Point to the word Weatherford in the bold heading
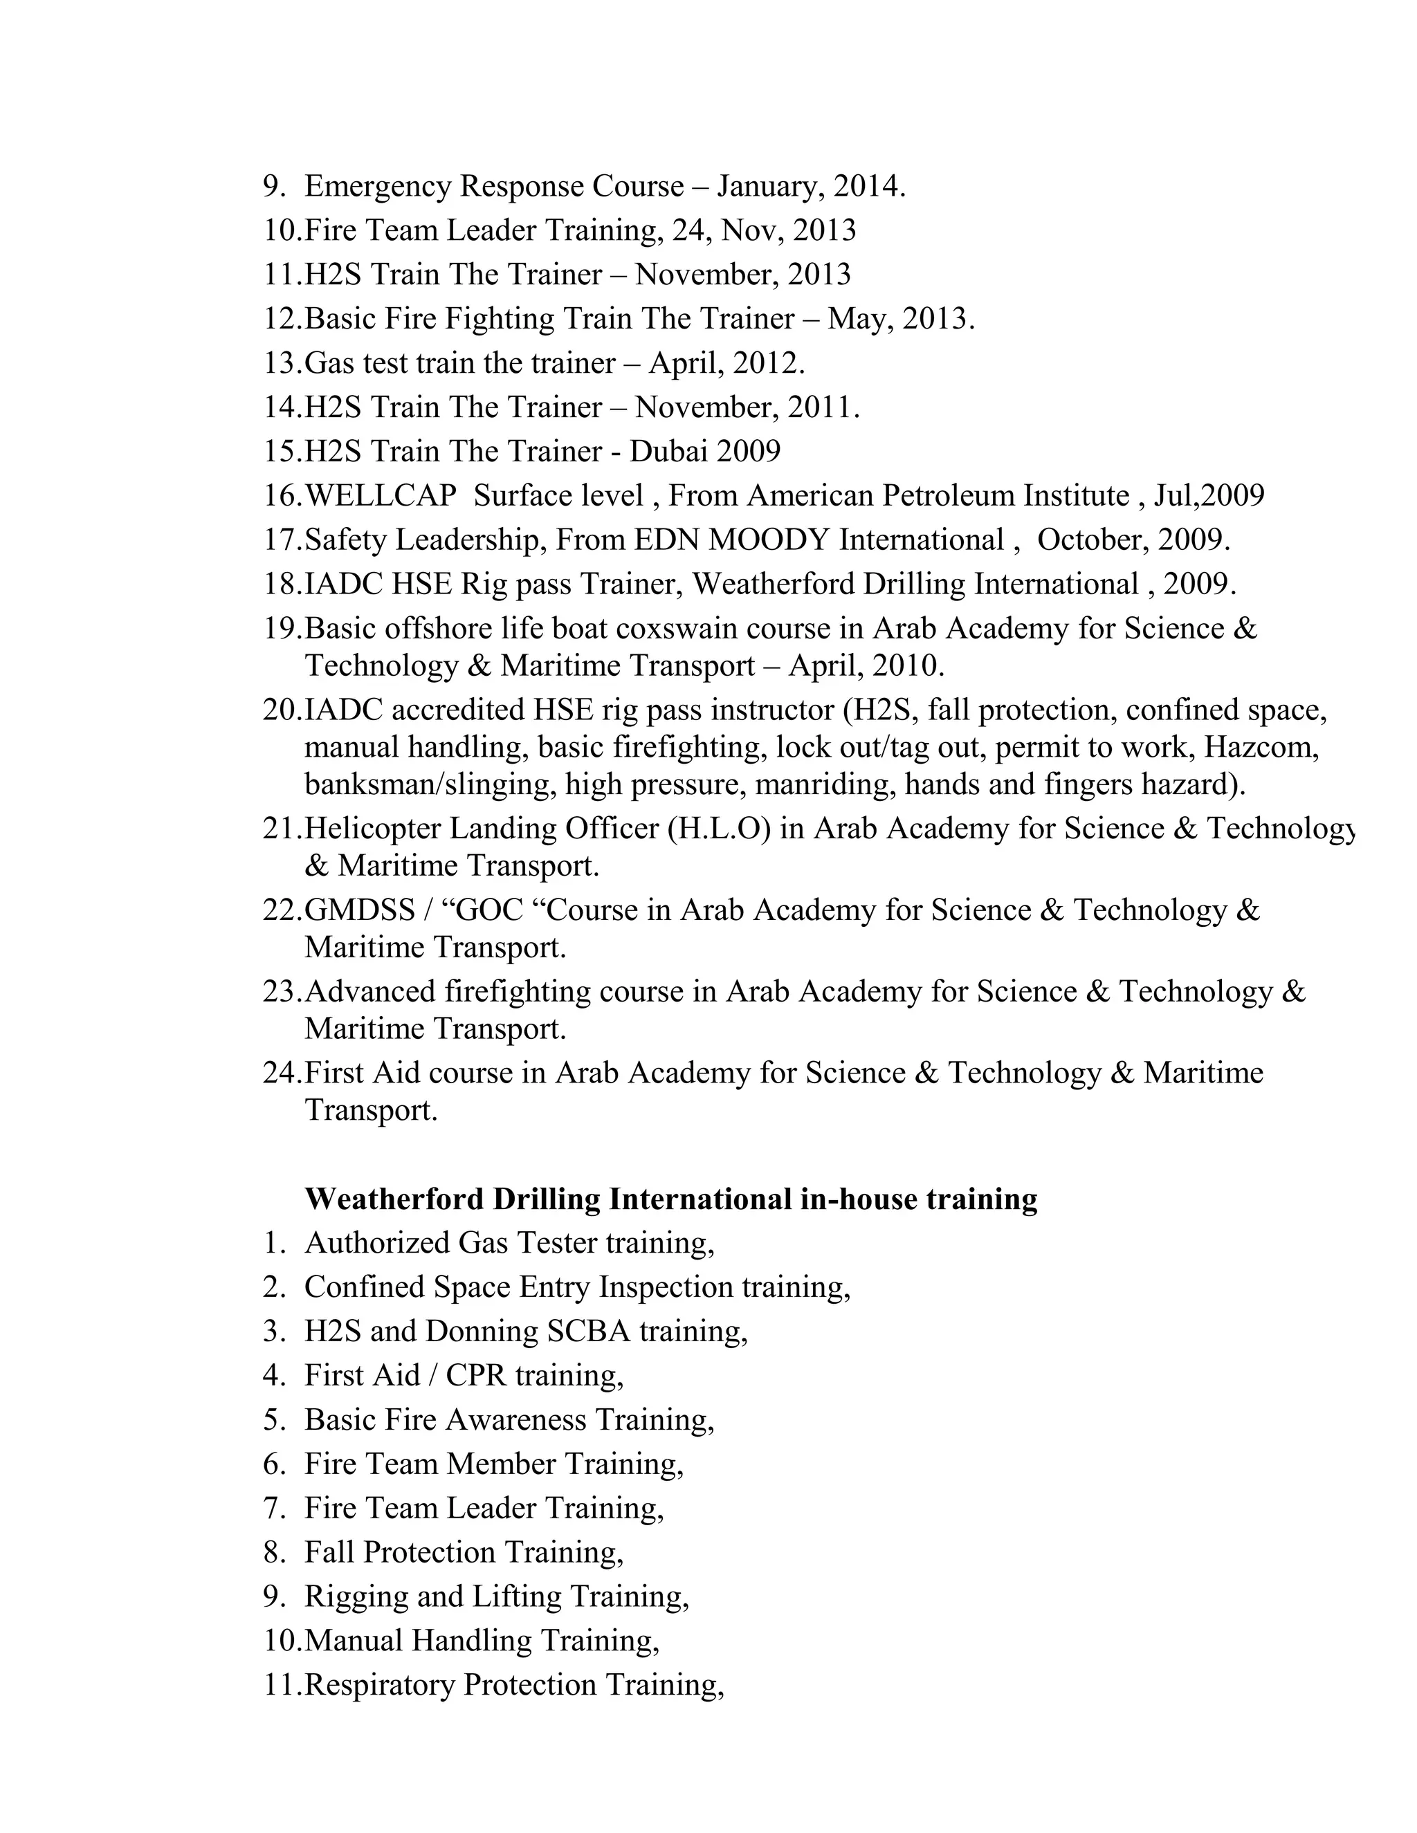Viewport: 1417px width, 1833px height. pos(394,1199)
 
